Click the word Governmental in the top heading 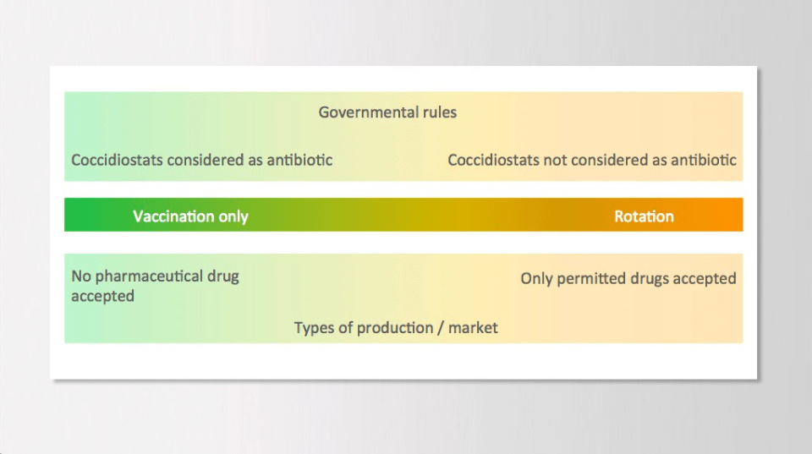pos(368,112)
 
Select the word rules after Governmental pos(440,112)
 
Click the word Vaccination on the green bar pos(173,216)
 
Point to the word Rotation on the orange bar pos(645,216)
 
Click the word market pos(473,328)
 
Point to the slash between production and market pos(441,328)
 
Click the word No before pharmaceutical pos(81,276)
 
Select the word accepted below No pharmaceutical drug pos(102,297)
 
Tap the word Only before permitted pos(536,279)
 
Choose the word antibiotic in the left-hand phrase pos(299,161)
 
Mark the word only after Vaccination pos(233,216)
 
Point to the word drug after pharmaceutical pos(223,276)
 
